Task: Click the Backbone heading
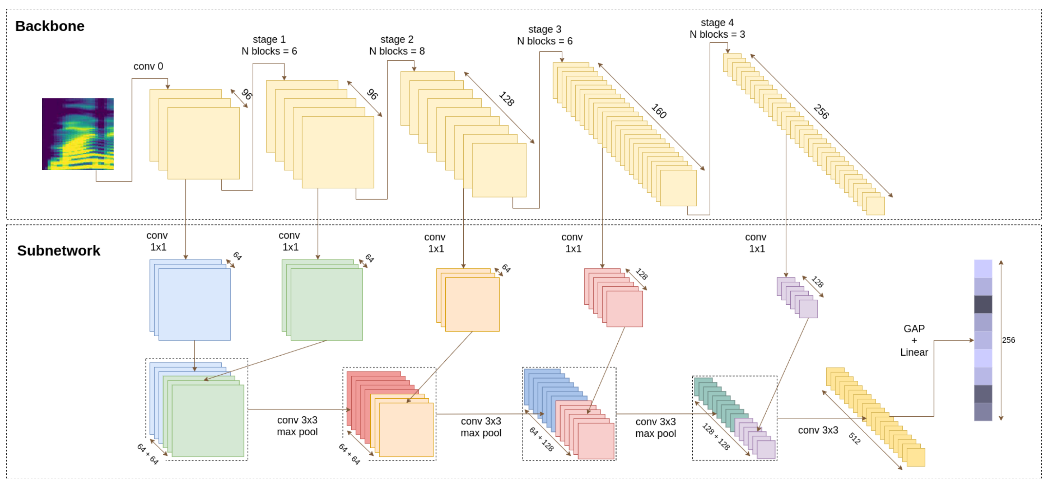pos(50,26)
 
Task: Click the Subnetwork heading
pos(59,250)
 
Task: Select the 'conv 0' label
pos(148,67)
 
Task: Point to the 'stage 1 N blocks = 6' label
pos(269,45)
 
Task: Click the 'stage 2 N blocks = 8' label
pos(397,45)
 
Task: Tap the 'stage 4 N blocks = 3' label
pos(717,29)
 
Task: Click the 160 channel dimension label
pos(659,111)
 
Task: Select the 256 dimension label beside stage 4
pos(821,112)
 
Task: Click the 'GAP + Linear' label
pos(914,340)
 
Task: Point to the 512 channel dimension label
pos(854,438)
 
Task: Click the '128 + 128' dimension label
pos(716,436)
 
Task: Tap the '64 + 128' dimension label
pos(541,439)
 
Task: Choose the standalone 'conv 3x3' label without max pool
pos(818,430)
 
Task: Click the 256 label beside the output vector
pos(1008,340)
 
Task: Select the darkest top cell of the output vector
pos(983,304)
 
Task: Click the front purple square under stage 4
pos(808,309)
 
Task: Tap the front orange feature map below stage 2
pos(472,304)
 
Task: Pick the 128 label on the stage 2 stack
pos(506,99)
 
